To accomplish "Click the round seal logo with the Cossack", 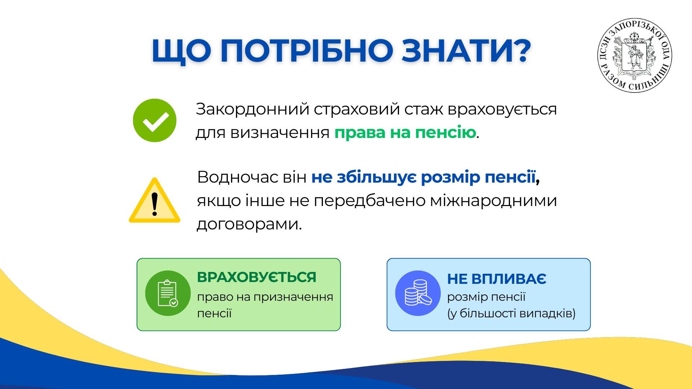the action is [x=635, y=56].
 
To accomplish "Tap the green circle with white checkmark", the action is [x=155, y=120].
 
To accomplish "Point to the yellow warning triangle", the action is [x=155, y=200].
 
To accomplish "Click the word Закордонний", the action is [x=253, y=109].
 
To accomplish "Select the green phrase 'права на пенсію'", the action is [x=405, y=133].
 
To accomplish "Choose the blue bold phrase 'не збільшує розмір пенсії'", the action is [x=423, y=177].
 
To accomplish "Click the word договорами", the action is [x=249, y=224].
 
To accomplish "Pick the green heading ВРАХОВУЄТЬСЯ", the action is [x=257, y=277].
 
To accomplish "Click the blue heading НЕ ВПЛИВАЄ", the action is [x=497, y=278].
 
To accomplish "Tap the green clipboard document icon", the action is [x=168, y=293].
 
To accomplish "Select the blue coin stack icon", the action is [x=418, y=293].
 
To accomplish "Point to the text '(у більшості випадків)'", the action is [x=511, y=313].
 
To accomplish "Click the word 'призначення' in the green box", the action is [x=293, y=298].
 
